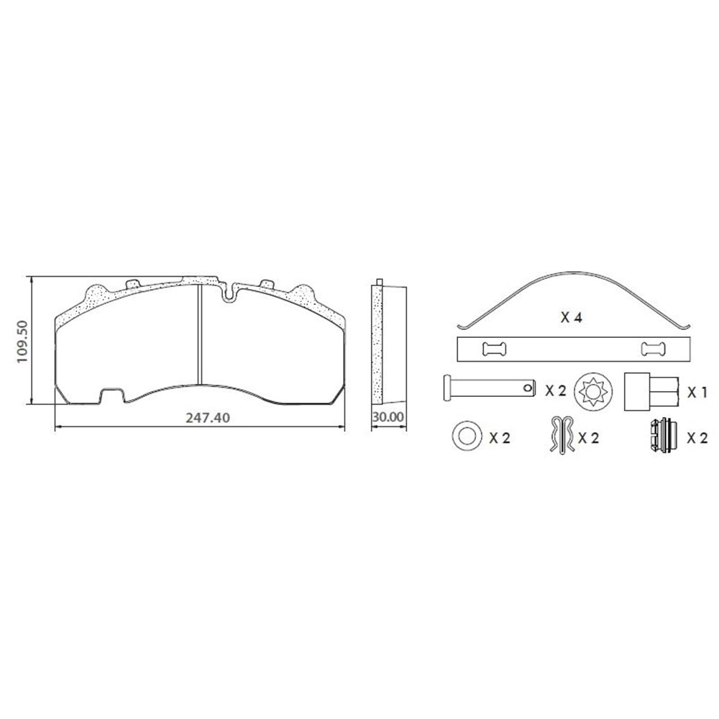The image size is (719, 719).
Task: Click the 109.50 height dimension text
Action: coord(22,341)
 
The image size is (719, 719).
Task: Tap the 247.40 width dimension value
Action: coord(208,418)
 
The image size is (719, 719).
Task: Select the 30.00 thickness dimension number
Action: coord(388,417)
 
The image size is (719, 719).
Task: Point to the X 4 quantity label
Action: coord(572,317)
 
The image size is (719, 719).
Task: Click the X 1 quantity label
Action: coord(697,392)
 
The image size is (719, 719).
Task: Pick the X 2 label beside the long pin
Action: coord(555,390)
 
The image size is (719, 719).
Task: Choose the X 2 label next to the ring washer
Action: coord(500,438)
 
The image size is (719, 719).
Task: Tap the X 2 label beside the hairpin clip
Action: coord(588,438)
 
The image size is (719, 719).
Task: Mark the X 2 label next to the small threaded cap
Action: coord(697,438)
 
